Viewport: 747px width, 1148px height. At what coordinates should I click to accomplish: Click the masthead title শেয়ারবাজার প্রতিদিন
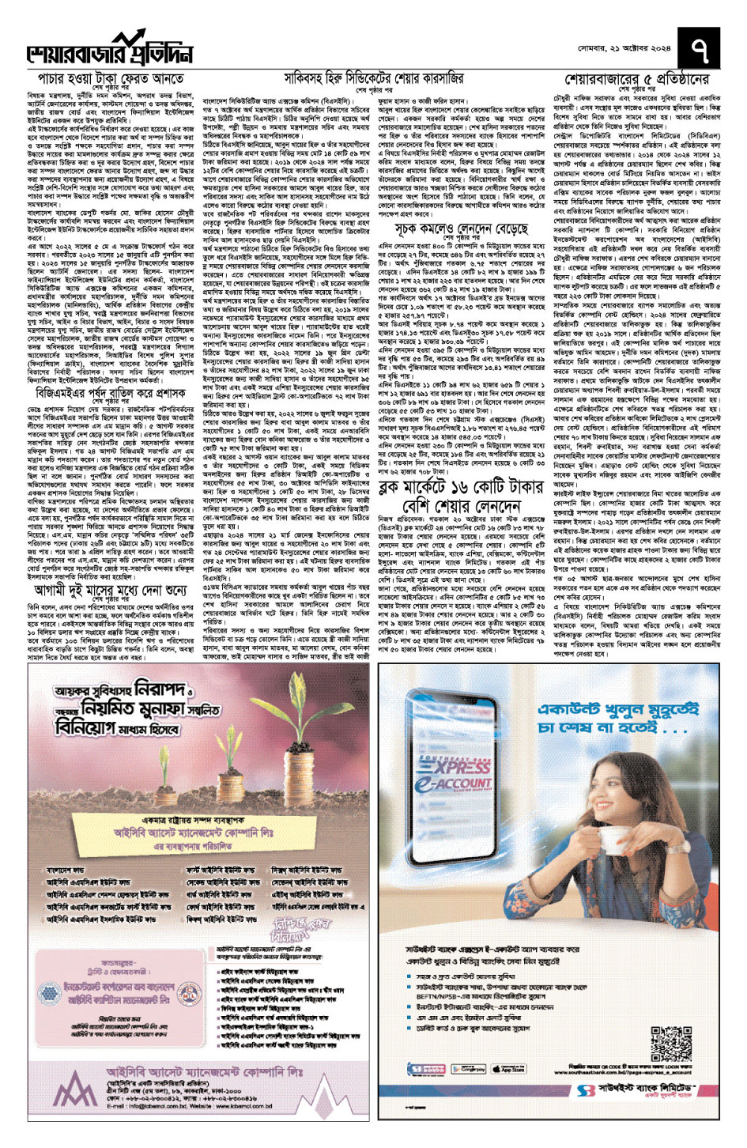[111, 52]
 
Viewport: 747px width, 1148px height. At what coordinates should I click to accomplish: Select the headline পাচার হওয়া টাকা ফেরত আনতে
[111, 79]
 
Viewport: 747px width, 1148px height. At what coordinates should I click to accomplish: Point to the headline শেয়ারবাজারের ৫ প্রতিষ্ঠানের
[637, 79]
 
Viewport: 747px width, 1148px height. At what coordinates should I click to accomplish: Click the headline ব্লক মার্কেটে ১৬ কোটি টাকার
[462, 486]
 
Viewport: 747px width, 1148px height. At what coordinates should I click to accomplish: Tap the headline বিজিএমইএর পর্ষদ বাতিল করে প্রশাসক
[111, 392]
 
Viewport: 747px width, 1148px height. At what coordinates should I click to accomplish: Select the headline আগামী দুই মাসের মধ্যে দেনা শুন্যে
[111, 590]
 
